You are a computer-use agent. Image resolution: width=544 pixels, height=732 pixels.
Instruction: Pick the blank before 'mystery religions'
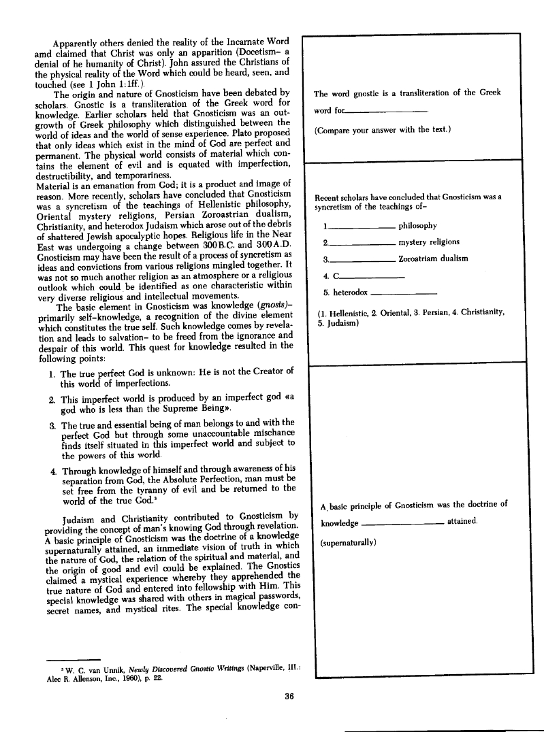click(362, 243)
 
